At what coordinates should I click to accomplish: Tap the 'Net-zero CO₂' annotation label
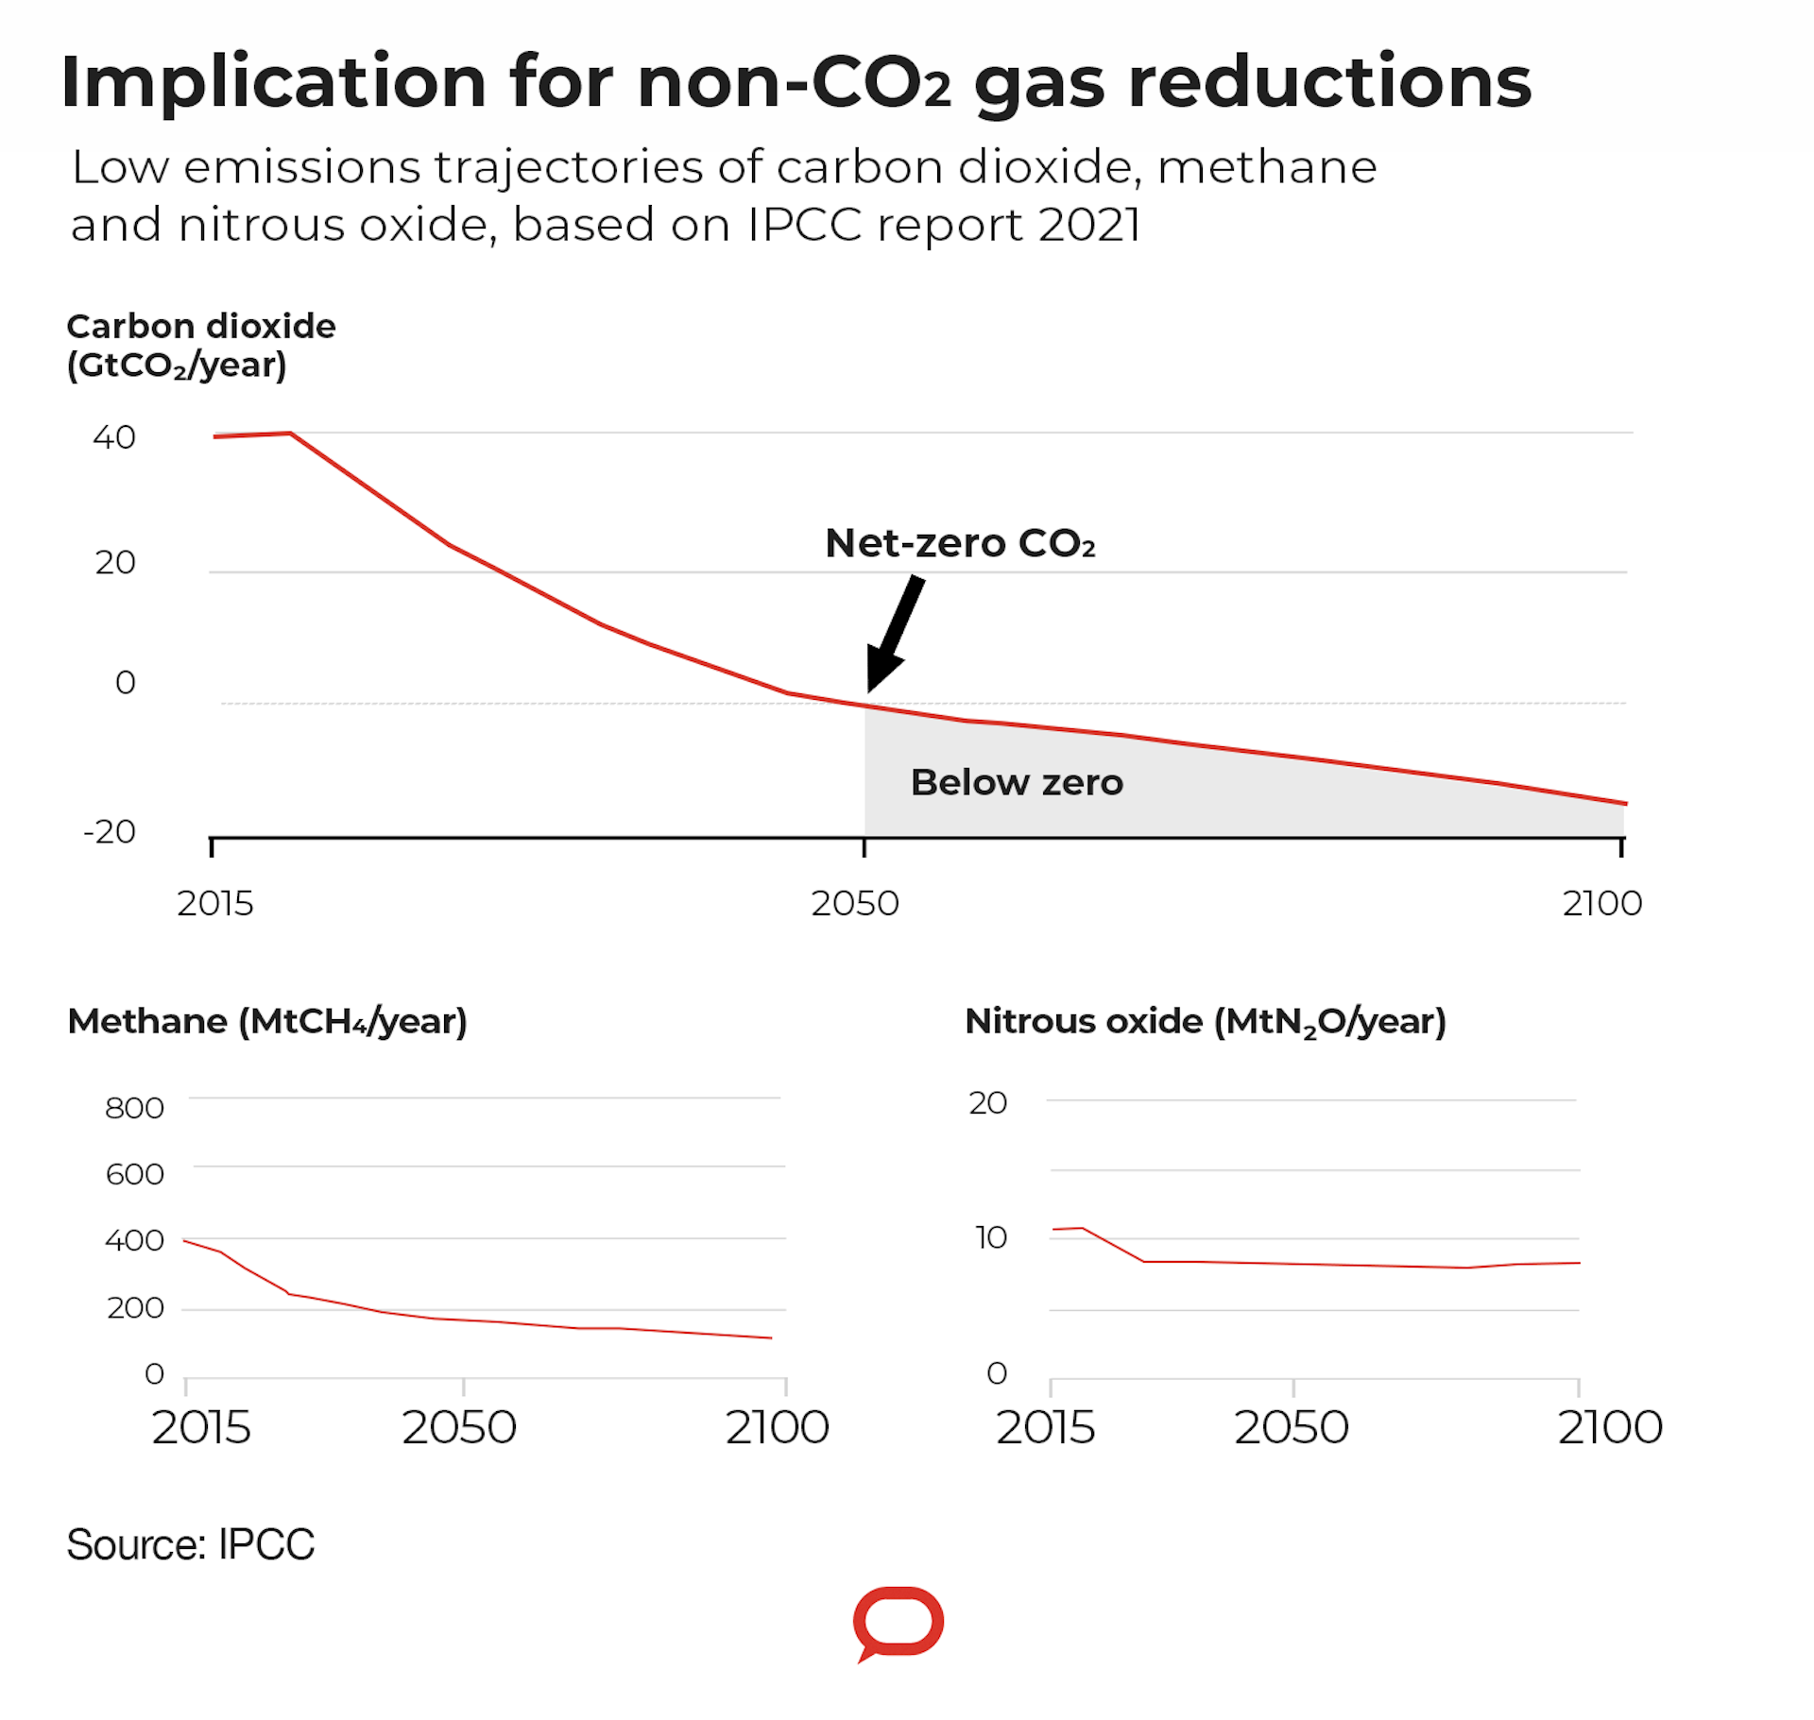click(960, 543)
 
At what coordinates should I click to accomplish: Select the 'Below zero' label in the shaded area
click(1017, 782)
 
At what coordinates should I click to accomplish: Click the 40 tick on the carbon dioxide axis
click(114, 437)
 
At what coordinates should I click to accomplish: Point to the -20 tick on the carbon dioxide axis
click(110, 832)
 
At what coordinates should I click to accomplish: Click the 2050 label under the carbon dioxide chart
click(855, 904)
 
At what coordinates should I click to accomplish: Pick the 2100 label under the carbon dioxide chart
click(1602, 904)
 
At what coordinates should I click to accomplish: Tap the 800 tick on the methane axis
click(134, 1107)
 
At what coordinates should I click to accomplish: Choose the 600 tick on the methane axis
click(134, 1174)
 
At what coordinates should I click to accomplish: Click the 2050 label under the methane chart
click(459, 1427)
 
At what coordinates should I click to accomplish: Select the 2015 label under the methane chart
click(201, 1427)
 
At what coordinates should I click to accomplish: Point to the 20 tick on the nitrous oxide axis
click(988, 1102)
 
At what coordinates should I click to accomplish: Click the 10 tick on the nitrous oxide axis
click(991, 1237)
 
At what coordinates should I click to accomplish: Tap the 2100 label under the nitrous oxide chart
click(1610, 1427)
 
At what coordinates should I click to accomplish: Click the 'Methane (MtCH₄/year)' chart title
click(267, 1022)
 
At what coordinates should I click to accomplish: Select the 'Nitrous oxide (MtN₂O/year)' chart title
click(1206, 1022)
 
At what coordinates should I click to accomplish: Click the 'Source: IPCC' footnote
click(190, 1545)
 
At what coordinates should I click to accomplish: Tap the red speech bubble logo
click(898, 1622)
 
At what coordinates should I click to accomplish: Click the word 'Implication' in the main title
click(273, 82)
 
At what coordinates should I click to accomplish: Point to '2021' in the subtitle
click(1089, 225)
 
